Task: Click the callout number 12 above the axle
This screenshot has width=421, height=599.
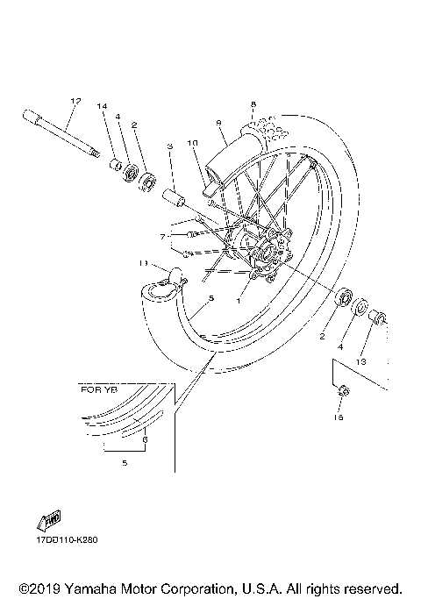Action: point(75,102)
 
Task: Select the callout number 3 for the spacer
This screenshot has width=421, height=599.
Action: point(170,146)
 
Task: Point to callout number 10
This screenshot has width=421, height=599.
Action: point(192,142)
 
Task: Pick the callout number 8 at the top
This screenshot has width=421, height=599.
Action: point(253,104)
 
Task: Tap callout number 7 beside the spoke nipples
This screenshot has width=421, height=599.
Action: point(162,237)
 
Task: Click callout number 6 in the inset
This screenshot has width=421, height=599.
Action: point(146,439)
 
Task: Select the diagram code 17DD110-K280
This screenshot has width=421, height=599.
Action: point(67,539)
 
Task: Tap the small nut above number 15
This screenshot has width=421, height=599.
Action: point(343,391)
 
